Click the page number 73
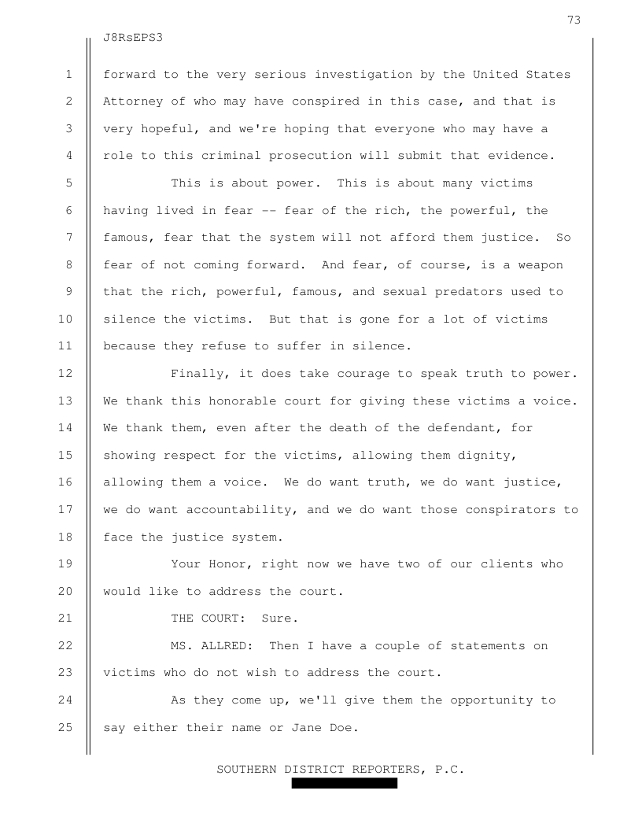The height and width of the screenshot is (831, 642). pyautogui.click(x=574, y=20)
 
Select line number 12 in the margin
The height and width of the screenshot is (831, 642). pyautogui.click(x=68, y=374)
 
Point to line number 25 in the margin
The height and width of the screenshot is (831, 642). pyautogui.click(x=68, y=726)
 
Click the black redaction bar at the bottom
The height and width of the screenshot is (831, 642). pyautogui.click(x=345, y=784)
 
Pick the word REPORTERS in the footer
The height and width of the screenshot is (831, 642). pyautogui.click(x=386, y=769)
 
